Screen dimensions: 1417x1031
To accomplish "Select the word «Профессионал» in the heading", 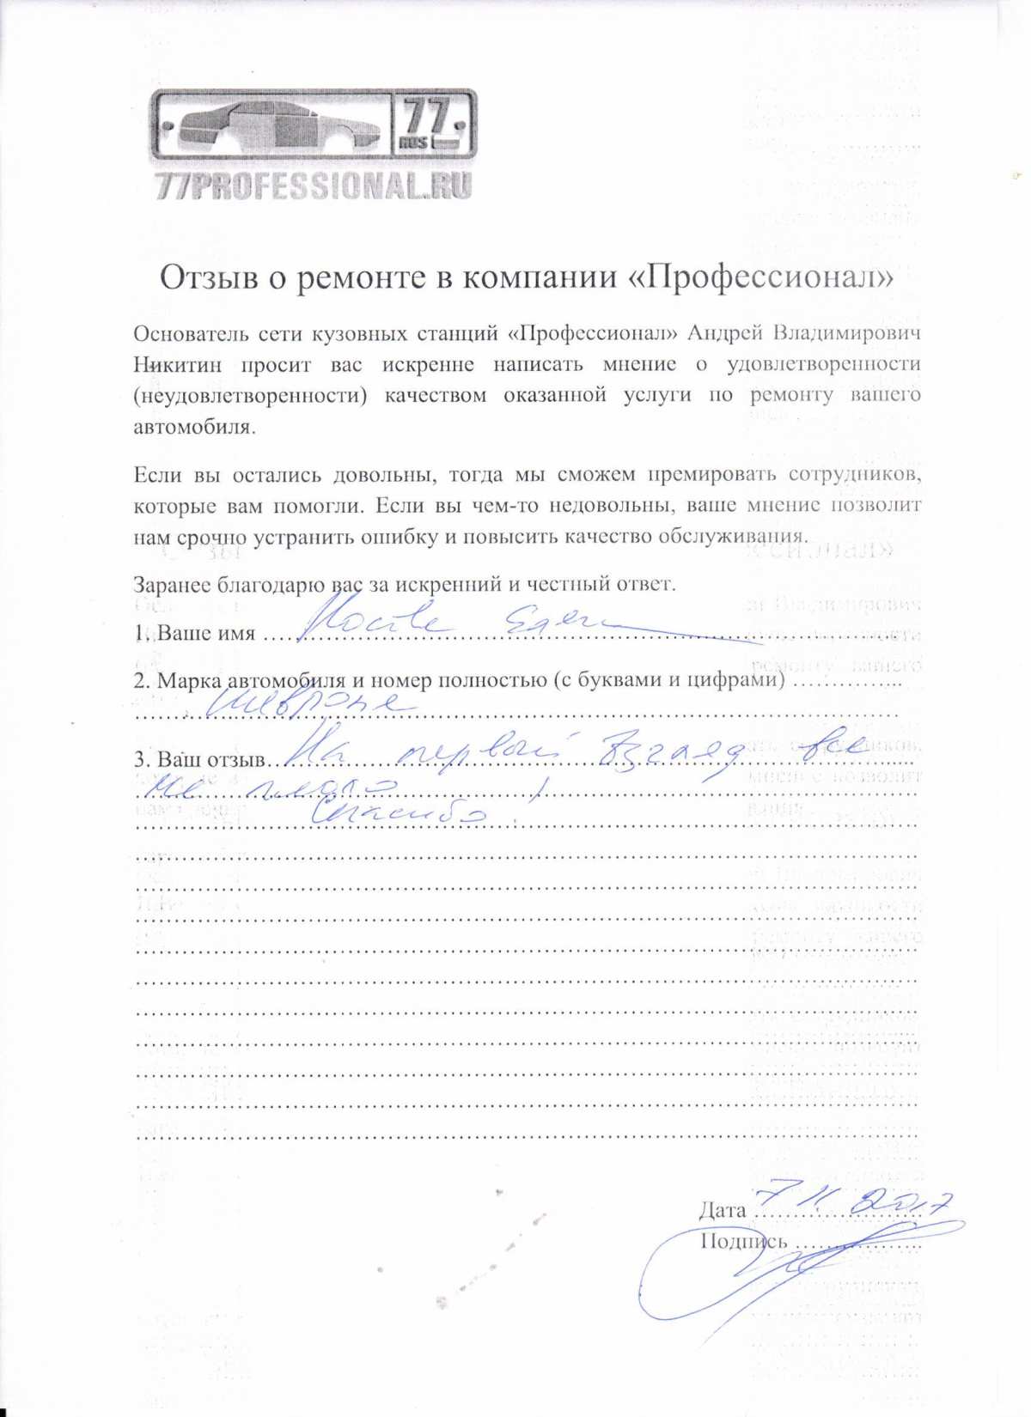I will (x=766, y=277).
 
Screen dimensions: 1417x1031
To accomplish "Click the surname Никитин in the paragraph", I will (x=178, y=364).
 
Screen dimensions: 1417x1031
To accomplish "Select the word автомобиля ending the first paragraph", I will (x=194, y=427).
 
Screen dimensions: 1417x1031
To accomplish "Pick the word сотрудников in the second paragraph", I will (x=855, y=473).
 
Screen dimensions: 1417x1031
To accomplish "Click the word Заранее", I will (x=171, y=585).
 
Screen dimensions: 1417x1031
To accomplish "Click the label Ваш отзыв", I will (x=212, y=760).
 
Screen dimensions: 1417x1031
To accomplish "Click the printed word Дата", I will (x=722, y=1210).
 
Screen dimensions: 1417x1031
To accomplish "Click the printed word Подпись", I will (x=743, y=1241).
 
